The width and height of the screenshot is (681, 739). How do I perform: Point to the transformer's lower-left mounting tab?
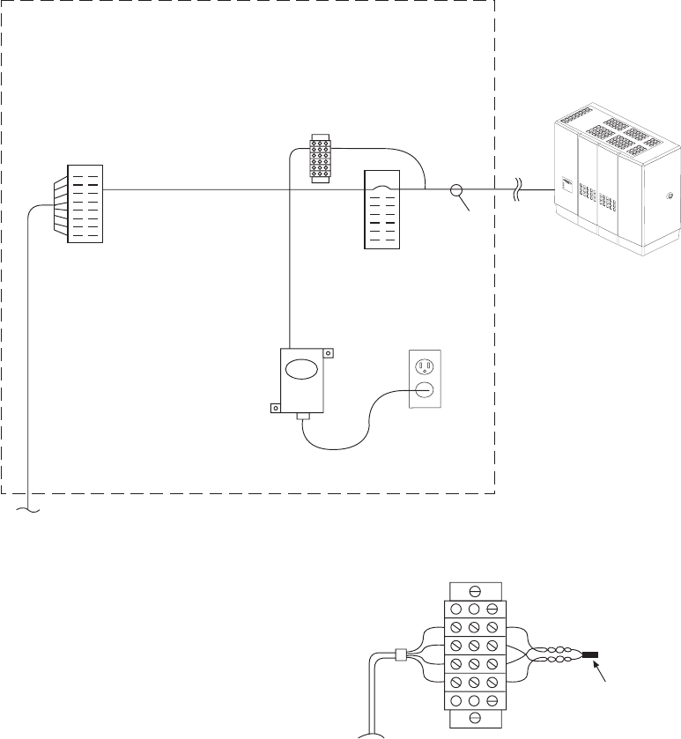coord(275,408)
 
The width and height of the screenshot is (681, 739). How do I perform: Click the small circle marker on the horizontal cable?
coord(456,190)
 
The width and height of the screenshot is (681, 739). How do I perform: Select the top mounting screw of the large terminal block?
coord(475,591)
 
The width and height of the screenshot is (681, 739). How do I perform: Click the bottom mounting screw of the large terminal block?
coord(475,718)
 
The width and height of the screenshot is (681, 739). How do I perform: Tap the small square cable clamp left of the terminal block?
coord(401,655)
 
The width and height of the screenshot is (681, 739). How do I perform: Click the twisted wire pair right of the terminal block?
coord(555,655)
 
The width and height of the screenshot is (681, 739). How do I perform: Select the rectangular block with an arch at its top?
coord(382,211)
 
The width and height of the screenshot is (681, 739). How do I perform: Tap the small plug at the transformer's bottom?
coord(303,416)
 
